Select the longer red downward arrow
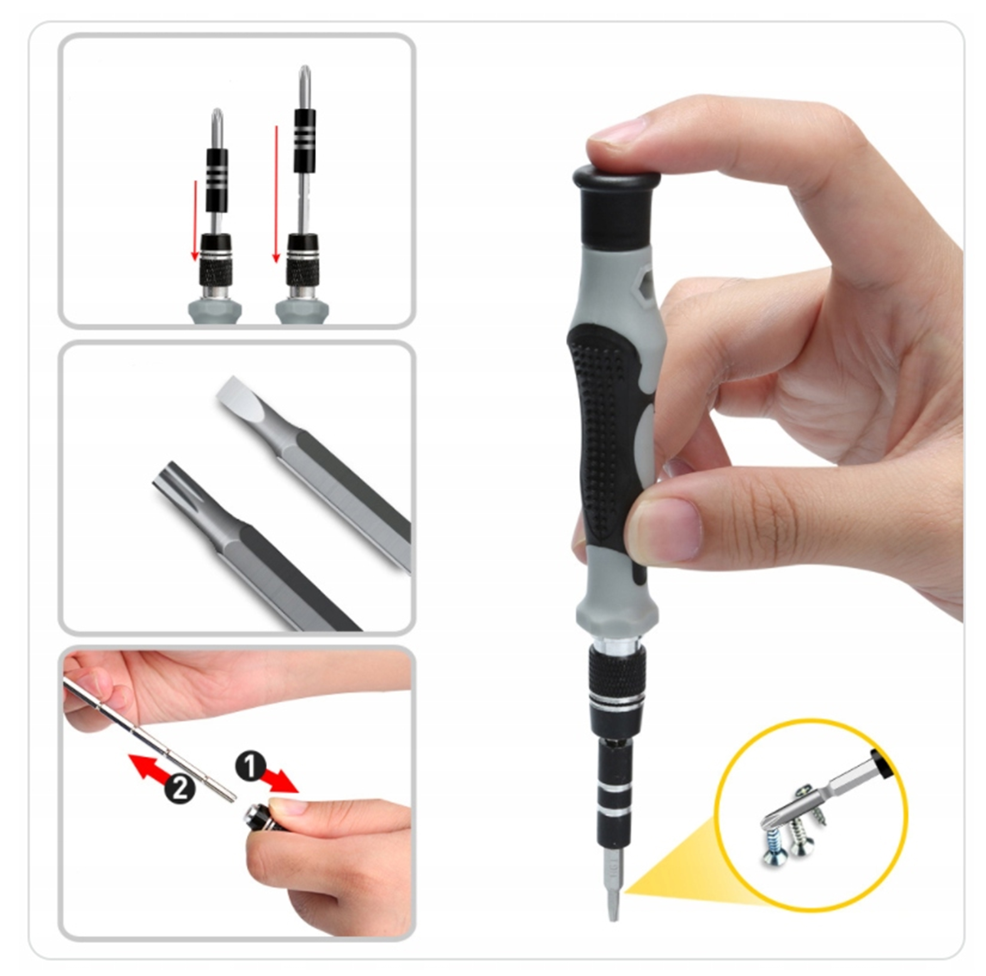pos(276,194)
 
